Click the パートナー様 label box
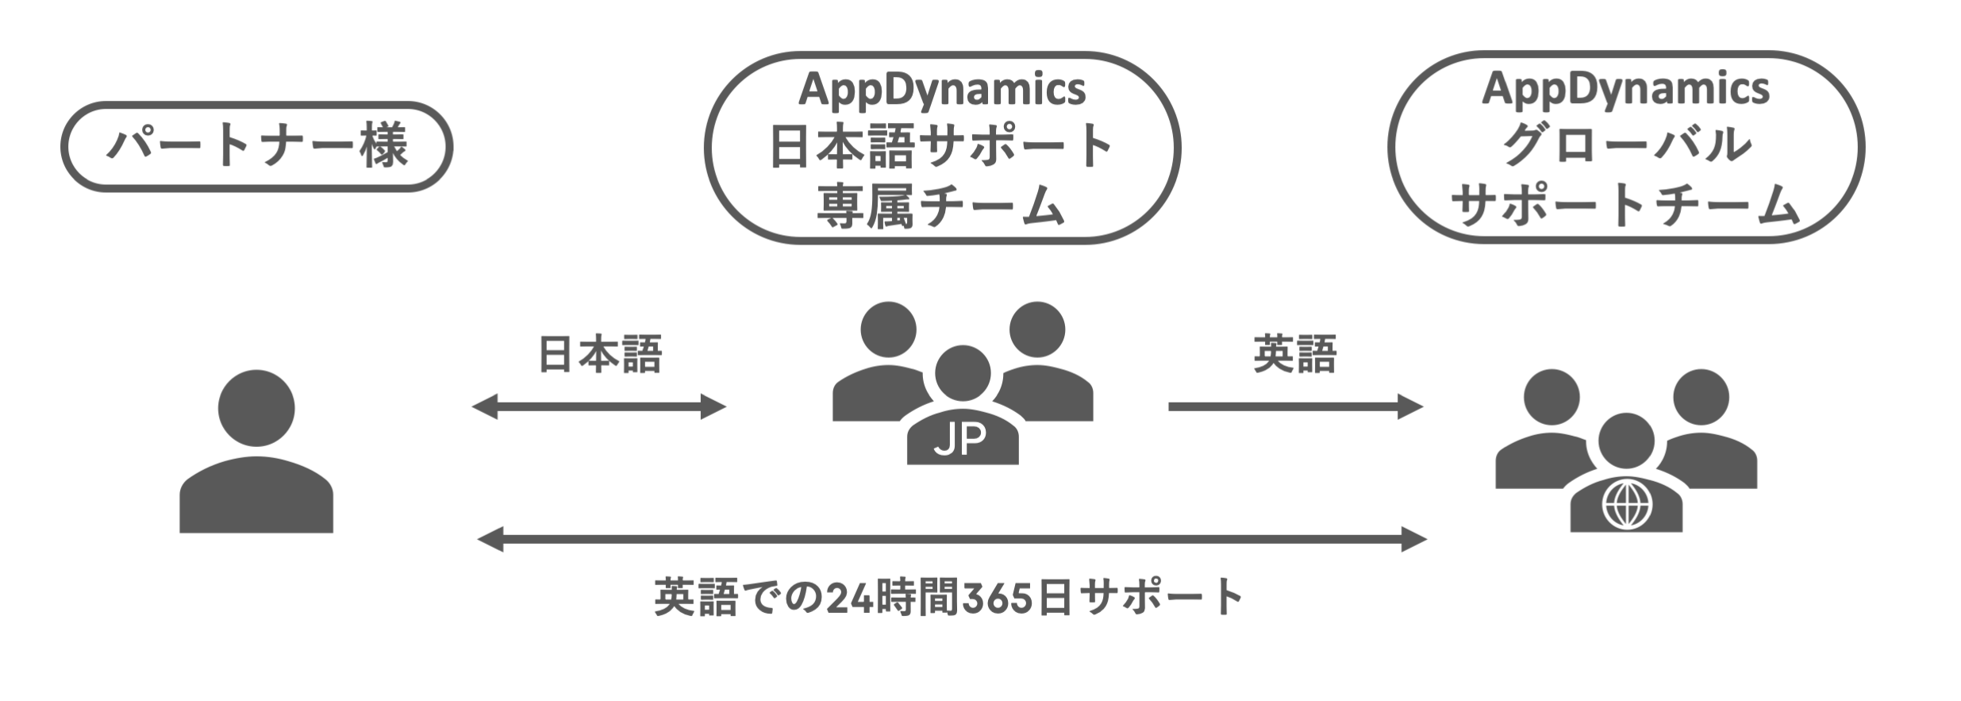pos(256,146)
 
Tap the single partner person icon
pos(256,453)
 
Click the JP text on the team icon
pos(961,439)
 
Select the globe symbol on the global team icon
pos(1627,505)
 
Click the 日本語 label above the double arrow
pos(600,354)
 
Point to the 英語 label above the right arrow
pos(1294,354)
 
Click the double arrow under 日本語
pos(599,406)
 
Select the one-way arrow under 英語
pos(1295,406)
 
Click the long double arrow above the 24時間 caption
pos(952,539)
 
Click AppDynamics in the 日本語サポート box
pos(942,89)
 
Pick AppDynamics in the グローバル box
pos(1625,88)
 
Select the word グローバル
pos(1626,146)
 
